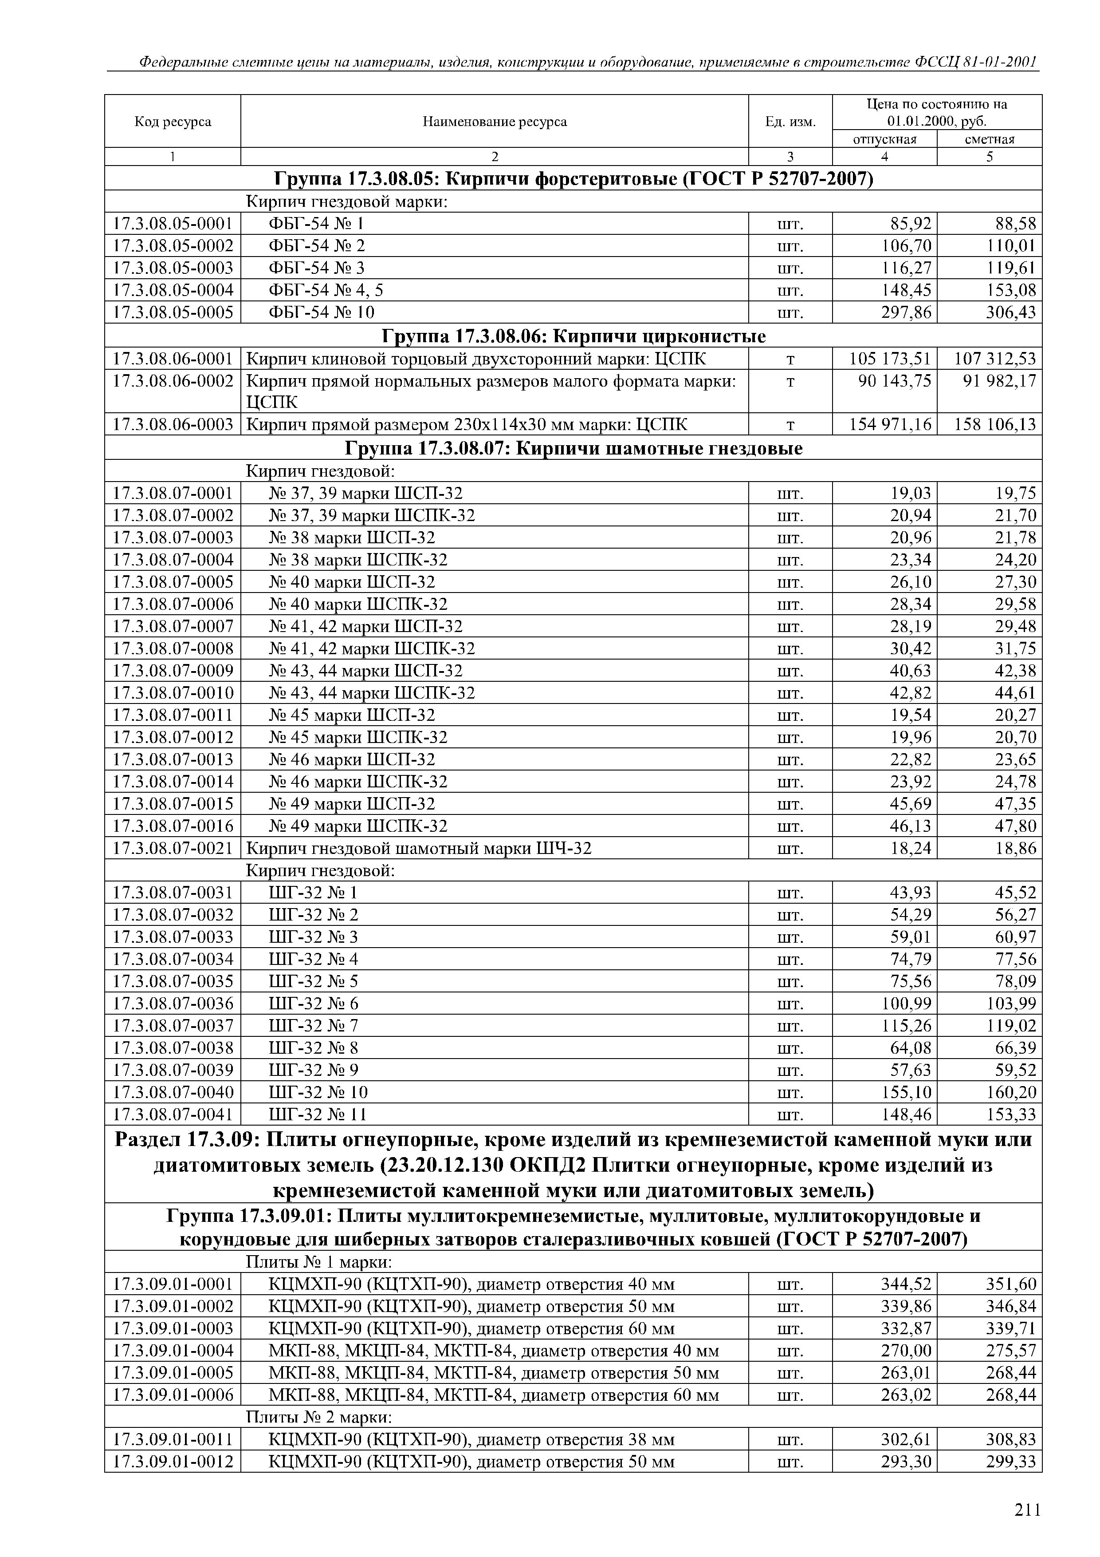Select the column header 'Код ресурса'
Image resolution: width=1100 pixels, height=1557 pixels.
click(173, 121)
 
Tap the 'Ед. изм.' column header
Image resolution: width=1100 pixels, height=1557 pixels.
click(790, 121)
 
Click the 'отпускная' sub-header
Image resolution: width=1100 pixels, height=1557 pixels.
click(884, 139)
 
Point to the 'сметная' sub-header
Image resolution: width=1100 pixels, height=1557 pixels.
click(990, 139)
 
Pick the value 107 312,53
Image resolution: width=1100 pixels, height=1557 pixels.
click(995, 358)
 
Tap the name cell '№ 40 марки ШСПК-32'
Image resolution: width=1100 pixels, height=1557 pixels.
click(358, 604)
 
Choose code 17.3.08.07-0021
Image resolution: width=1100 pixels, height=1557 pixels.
click(173, 848)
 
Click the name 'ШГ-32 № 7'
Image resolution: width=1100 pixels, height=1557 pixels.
click(313, 1025)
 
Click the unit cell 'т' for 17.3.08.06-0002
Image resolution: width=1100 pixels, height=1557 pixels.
click(790, 381)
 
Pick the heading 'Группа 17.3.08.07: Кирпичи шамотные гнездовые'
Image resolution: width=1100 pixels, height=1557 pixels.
click(574, 448)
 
